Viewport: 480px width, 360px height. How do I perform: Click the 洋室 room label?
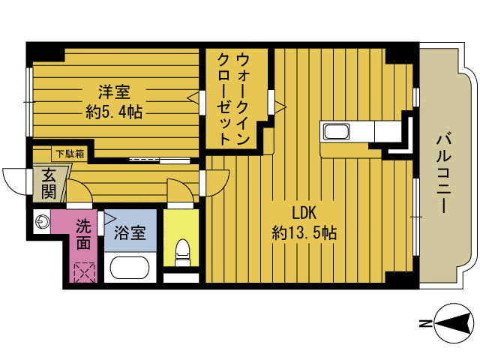114,92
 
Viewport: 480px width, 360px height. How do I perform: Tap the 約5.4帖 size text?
114,112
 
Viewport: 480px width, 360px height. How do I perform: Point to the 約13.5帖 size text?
303,233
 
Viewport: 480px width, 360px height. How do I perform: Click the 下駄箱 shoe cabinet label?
69,154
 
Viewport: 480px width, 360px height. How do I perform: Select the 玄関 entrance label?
49,184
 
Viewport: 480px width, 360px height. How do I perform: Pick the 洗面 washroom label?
84,233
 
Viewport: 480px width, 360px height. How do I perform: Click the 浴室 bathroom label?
129,233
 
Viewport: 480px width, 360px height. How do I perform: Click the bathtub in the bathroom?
130,267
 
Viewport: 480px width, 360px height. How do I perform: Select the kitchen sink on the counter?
337,133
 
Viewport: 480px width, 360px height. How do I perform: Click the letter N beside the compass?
424,324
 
